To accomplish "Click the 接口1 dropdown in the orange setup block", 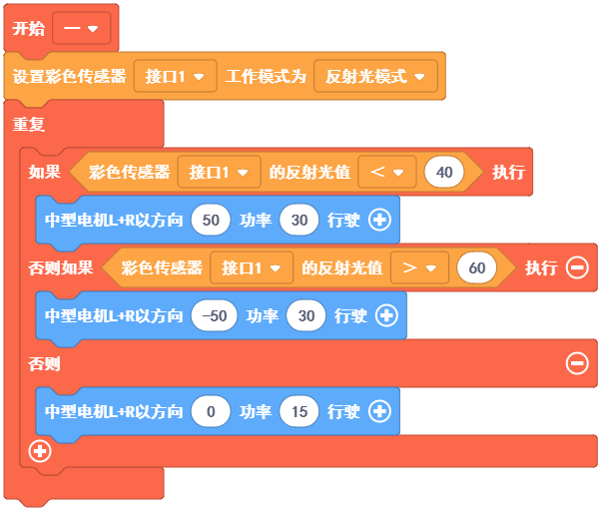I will tap(175, 77).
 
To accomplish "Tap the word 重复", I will tap(28, 125).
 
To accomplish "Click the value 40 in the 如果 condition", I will tap(444, 173).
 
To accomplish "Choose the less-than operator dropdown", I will tap(385, 173).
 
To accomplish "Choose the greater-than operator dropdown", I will tap(417, 267).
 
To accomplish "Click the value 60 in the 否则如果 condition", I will tap(476, 267).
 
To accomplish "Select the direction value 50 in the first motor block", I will tap(210, 221).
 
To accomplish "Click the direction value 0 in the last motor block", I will tap(210, 410).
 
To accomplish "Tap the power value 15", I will tap(299, 410).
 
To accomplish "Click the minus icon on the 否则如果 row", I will tap(577, 267).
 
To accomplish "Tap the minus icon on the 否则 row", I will tap(577, 363).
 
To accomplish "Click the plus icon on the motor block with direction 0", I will tap(379, 410).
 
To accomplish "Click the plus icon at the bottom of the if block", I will tap(40, 451).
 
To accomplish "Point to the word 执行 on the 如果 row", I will tap(507, 173).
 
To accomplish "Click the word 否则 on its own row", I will tap(44, 363).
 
